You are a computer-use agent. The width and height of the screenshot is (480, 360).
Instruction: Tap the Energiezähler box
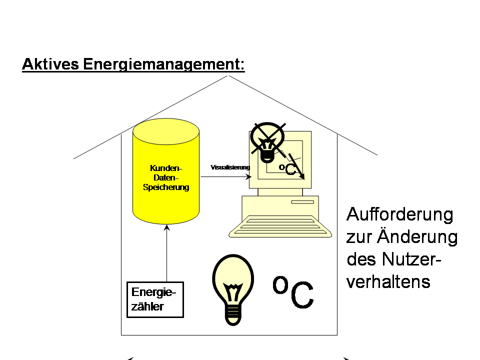pos(155,299)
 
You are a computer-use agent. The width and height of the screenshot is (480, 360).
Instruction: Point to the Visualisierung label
pos(230,167)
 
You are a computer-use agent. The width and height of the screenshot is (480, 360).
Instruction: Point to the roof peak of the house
pos(229,76)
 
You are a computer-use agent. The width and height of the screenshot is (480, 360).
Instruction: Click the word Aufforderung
pos(400,214)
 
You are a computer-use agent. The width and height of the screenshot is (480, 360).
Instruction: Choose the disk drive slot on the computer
pos(303,202)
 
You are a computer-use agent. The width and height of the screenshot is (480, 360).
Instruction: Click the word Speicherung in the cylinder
pos(166,187)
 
